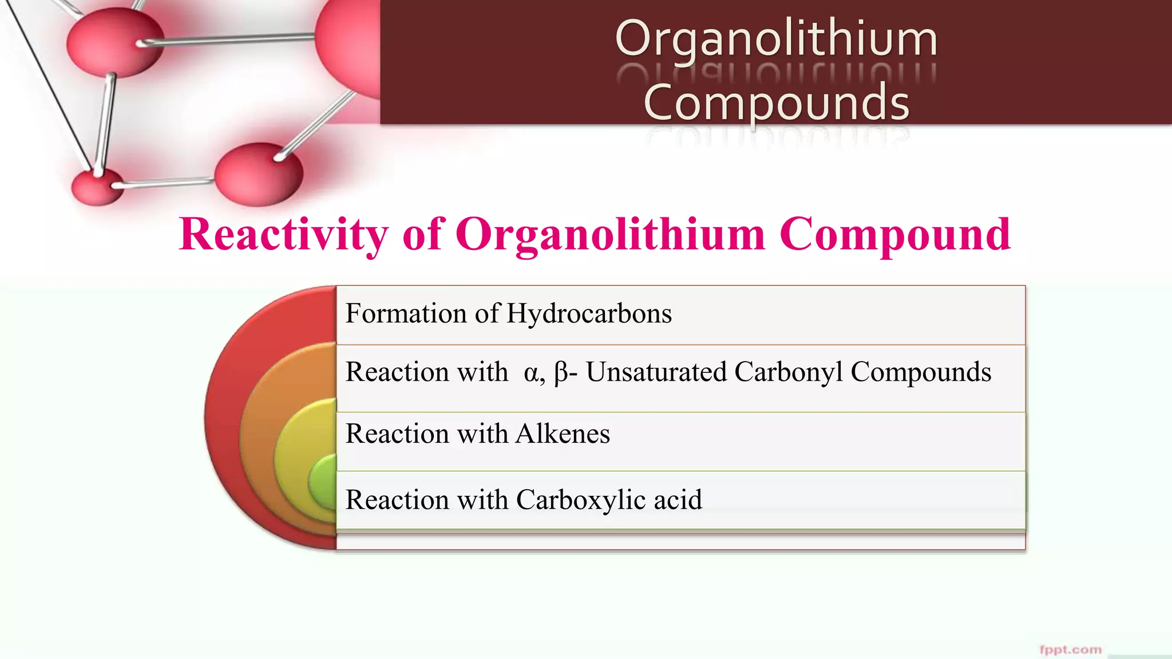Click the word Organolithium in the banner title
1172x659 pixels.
(x=776, y=39)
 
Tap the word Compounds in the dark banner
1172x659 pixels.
(x=776, y=102)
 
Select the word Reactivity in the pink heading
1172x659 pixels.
(x=283, y=235)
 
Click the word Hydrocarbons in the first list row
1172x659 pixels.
(x=589, y=313)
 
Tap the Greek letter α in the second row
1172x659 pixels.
(x=530, y=373)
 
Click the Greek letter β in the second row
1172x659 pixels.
(x=561, y=373)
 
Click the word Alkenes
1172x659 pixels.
(x=563, y=434)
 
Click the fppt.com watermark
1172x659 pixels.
(x=1070, y=649)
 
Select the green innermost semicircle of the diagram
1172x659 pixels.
(x=324, y=482)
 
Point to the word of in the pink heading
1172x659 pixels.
(x=422, y=235)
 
